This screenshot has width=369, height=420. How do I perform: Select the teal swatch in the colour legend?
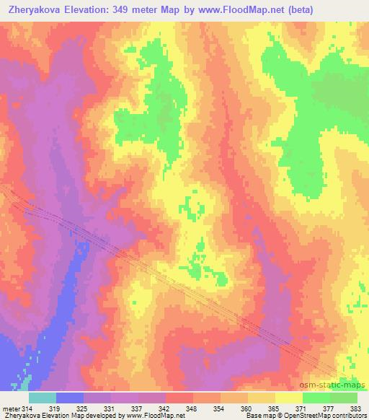[43, 398]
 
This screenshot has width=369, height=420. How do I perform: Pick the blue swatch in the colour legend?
[70, 398]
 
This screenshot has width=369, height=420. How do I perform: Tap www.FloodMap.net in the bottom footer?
[156, 416]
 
